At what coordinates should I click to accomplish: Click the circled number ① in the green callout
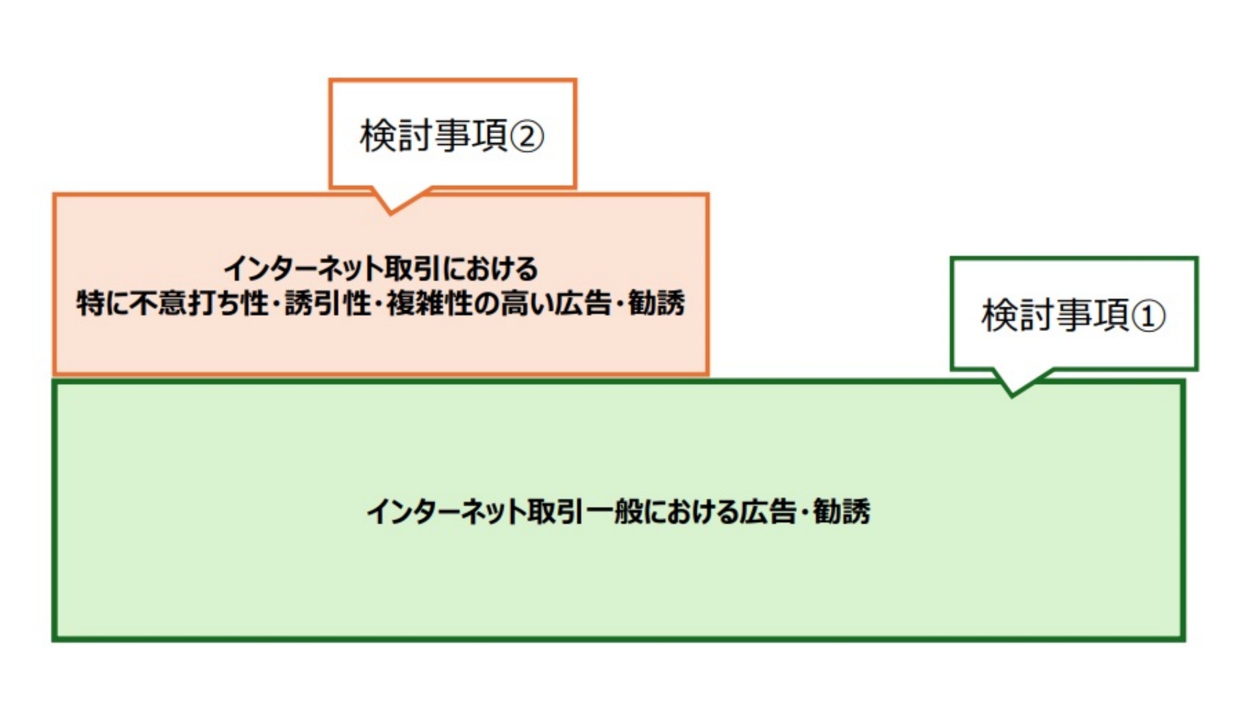pyautogui.click(x=1148, y=317)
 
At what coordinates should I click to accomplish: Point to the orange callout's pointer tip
pyautogui.click(x=390, y=211)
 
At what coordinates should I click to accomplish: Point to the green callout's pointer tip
pyautogui.click(x=1011, y=394)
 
